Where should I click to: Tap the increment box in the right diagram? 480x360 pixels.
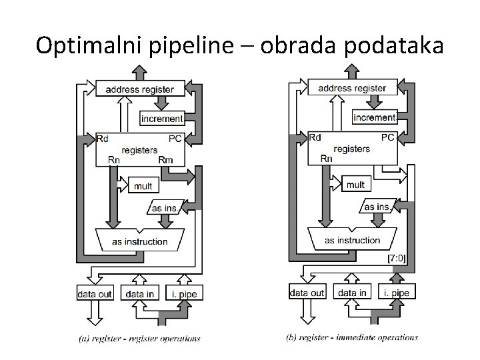(374, 117)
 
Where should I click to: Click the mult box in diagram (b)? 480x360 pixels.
(355, 184)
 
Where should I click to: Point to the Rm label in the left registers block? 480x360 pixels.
(166, 160)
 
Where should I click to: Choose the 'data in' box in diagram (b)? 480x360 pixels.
(352, 293)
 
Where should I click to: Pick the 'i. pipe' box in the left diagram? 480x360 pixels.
(183, 294)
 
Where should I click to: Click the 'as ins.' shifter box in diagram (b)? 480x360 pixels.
(377, 207)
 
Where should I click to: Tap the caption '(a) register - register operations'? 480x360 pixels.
(139, 339)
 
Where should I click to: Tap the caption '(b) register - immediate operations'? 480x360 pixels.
(352, 337)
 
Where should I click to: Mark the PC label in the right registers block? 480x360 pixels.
(388, 137)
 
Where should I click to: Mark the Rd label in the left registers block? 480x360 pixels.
(103, 139)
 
